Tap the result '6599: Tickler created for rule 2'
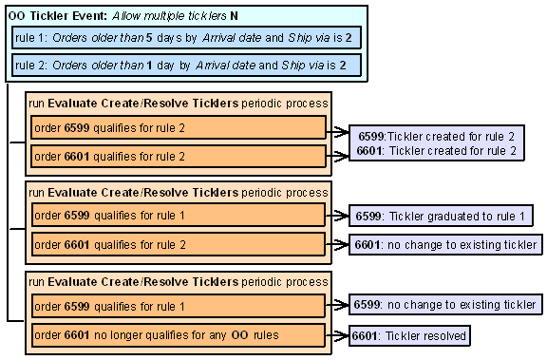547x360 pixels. [x=436, y=137]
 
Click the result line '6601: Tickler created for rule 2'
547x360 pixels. [x=436, y=150]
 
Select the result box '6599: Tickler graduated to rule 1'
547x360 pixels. [x=440, y=217]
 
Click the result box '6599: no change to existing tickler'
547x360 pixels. [x=444, y=305]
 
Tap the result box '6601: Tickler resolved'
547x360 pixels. [x=409, y=335]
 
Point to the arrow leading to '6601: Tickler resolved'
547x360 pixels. [x=338, y=335]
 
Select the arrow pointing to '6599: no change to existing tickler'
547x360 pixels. [x=338, y=306]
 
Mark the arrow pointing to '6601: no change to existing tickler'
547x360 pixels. [x=338, y=244]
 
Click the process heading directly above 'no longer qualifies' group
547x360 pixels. [x=179, y=282]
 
